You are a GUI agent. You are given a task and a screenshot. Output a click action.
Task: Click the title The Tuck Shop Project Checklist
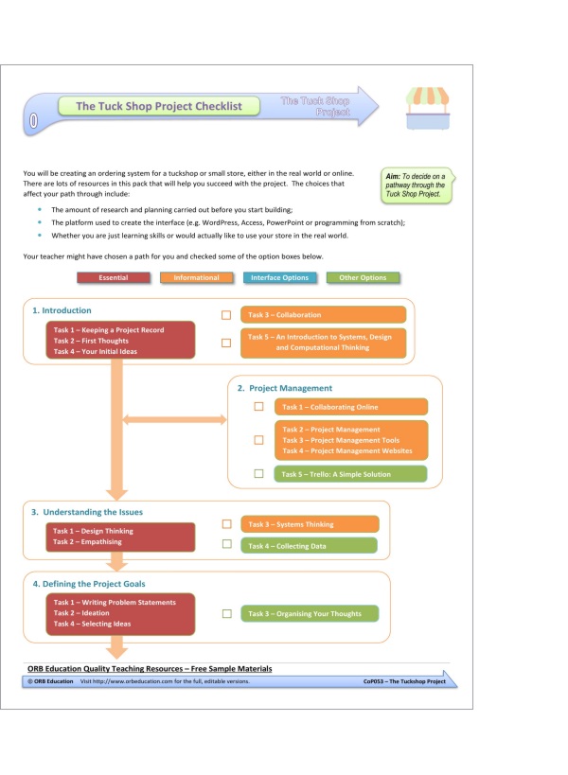tap(158, 107)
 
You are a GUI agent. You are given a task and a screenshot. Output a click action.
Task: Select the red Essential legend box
tap(114, 278)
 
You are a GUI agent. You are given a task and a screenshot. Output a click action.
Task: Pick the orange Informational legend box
tap(196, 278)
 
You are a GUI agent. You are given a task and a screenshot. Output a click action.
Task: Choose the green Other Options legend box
tap(362, 278)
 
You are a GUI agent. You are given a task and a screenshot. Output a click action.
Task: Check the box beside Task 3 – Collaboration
tap(226, 314)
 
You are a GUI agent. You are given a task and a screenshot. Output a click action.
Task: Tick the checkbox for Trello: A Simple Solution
tap(258, 473)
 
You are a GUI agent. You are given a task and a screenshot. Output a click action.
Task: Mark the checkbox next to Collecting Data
tap(226, 544)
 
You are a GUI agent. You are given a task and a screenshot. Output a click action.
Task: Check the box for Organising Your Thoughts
tap(226, 613)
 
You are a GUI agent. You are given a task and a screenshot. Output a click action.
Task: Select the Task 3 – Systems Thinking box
tap(310, 524)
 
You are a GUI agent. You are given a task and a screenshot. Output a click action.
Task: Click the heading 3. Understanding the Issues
tap(87, 512)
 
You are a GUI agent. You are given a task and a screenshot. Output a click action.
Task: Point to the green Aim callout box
tap(415, 185)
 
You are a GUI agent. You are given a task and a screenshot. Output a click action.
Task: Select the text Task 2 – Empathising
tap(93, 543)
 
